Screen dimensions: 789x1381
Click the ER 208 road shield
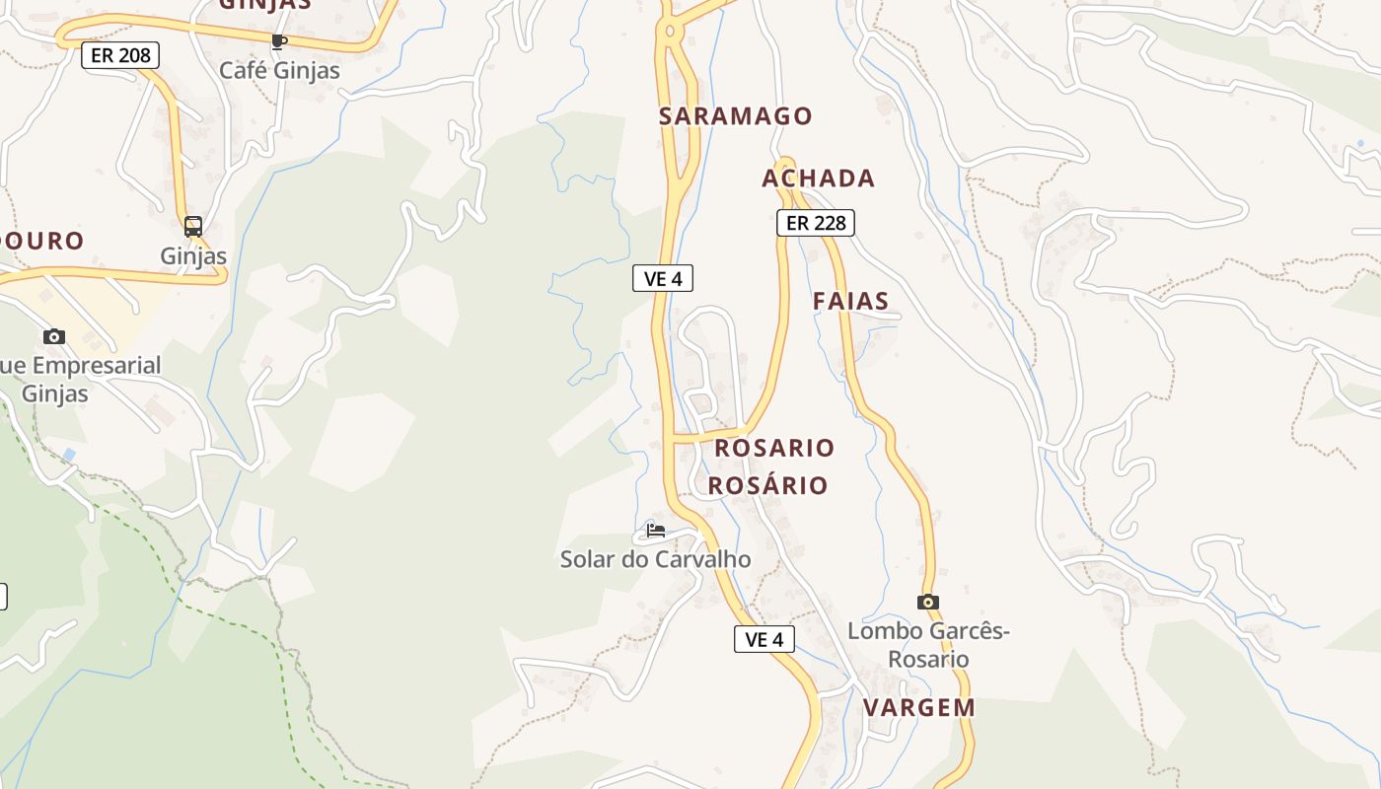[120, 55]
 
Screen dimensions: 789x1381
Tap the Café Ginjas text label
[279, 71]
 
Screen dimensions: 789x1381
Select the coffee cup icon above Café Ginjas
[278, 41]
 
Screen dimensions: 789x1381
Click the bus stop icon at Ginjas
[193, 226]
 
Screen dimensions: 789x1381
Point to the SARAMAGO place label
[736, 116]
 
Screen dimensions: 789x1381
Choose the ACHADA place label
[819, 179]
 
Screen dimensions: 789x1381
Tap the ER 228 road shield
[816, 223]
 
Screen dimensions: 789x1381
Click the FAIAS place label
[851, 302]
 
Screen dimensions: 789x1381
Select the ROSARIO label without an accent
[774, 448]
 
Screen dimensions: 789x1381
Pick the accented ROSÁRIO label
[767, 485]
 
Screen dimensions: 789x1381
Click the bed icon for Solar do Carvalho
[656, 531]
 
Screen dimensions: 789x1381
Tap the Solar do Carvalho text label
[655, 559]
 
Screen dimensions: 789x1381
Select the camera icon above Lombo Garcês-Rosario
[927, 602]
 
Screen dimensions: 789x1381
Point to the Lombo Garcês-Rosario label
[928, 645]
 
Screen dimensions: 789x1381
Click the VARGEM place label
[919, 707]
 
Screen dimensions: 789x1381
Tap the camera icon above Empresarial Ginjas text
[54, 337]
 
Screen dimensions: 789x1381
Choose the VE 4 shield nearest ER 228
[663, 279]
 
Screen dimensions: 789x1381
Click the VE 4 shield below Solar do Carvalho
[764, 639]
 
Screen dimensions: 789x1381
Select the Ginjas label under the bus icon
[193, 256]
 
